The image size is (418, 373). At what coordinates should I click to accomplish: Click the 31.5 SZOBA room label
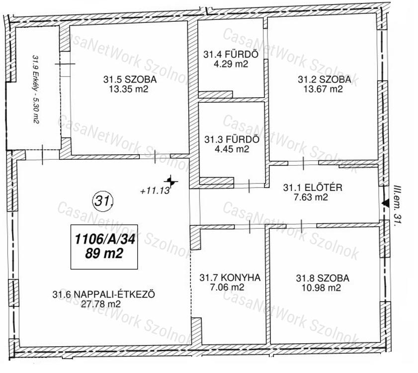(x=130, y=79)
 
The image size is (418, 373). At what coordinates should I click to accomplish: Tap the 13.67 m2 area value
(x=323, y=89)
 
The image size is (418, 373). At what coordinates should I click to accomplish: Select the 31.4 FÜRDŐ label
(x=231, y=54)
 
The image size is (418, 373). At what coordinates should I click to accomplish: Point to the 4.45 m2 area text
(x=232, y=149)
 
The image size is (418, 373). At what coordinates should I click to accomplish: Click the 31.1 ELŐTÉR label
(x=313, y=187)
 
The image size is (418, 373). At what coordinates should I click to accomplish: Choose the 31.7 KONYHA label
(x=230, y=277)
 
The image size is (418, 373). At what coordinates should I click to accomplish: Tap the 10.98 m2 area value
(x=321, y=288)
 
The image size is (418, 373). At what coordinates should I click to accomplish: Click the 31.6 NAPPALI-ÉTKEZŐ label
(x=104, y=294)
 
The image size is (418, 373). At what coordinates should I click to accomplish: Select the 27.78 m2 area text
(x=101, y=304)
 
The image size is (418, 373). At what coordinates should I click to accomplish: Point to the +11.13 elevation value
(x=155, y=191)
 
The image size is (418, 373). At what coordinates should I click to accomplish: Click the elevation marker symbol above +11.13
(x=170, y=182)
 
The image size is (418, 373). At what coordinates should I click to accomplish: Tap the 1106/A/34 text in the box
(x=105, y=239)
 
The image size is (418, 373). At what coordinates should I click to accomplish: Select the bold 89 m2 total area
(x=104, y=253)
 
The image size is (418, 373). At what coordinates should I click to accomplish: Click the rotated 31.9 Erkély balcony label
(x=36, y=89)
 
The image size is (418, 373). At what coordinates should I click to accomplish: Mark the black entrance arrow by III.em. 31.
(x=385, y=203)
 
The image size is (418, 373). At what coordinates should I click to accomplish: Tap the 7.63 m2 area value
(x=311, y=197)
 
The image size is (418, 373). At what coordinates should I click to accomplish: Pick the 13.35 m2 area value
(x=129, y=89)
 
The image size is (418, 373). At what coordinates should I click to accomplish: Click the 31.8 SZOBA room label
(x=323, y=278)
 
